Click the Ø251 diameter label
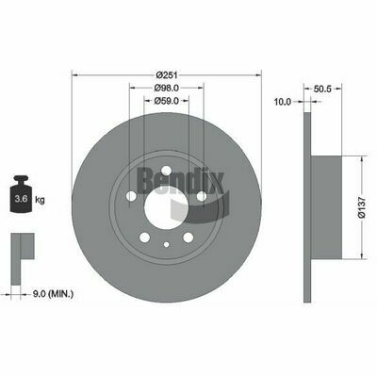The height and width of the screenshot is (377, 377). coord(167,75)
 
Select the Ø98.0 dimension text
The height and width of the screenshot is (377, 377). coord(167,89)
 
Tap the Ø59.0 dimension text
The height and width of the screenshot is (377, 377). coord(167,101)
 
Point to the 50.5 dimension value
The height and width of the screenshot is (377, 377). coord(322,89)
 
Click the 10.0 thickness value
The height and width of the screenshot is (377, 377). coord(283,102)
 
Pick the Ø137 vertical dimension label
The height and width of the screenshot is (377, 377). coord(362,207)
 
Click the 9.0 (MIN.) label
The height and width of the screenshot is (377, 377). coord(53,294)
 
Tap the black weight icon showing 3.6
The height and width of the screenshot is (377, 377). coord(22,193)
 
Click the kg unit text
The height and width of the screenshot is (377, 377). coord(40,199)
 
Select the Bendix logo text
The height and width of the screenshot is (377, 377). coord(180,182)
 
